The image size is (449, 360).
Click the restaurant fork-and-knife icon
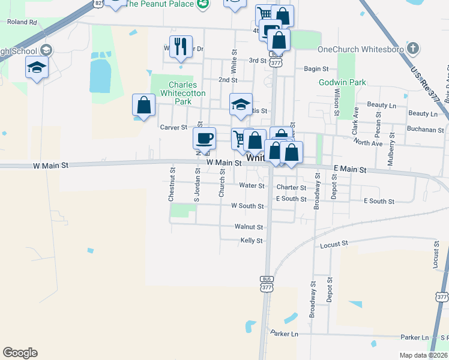tap(181, 46)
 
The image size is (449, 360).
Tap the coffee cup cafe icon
tap(204, 137)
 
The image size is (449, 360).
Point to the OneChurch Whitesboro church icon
tap(412, 49)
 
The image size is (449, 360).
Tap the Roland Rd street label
tap(22, 22)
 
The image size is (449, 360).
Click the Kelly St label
tap(252, 241)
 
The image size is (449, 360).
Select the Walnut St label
tap(249, 227)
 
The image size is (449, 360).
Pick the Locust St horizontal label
tap(334, 244)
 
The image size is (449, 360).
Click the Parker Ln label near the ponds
tap(284, 333)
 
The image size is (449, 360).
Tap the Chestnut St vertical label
tap(172, 184)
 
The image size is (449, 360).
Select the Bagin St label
tap(316, 69)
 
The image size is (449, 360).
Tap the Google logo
tap(20, 353)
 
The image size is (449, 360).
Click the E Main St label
tap(349, 170)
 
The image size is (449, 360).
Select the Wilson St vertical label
tap(337, 102)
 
